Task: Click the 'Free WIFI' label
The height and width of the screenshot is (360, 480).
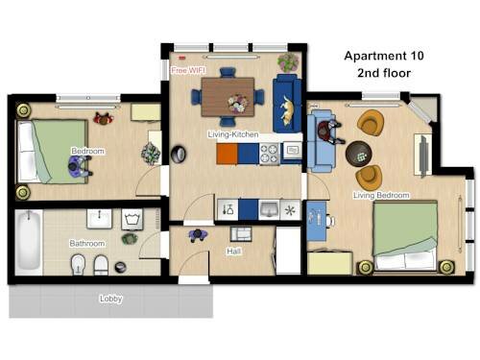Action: [188, 70]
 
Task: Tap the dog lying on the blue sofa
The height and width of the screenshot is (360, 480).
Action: [288, 111]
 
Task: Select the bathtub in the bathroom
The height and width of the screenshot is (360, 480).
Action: [29, 242]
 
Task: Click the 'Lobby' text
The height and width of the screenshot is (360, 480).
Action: [110, 299]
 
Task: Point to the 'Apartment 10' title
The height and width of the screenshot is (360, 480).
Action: [384, 56]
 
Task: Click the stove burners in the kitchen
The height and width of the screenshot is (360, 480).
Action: [269, 154]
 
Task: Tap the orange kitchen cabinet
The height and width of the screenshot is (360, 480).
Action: [227, 154]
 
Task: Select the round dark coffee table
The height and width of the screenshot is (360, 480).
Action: [359, 154]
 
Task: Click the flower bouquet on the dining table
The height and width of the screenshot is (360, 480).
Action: [237, 103]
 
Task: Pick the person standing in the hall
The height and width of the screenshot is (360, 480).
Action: [198, 235]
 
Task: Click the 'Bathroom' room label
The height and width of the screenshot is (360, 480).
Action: [87, 244]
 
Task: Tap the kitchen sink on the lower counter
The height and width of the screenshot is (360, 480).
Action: [269, 209]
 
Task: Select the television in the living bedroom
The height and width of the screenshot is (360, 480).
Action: [423, 156]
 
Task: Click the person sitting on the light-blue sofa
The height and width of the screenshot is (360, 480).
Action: [329, 132]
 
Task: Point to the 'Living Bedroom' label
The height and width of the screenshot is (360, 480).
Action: [381, 195]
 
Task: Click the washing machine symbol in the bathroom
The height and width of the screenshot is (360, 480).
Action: [132, 219]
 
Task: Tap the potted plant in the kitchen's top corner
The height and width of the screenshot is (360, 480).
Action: [288, 62]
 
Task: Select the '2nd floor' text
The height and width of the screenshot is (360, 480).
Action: [384, 73]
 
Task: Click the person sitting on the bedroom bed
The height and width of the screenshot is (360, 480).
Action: [80, 166]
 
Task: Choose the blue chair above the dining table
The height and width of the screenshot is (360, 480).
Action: [228, 72]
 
